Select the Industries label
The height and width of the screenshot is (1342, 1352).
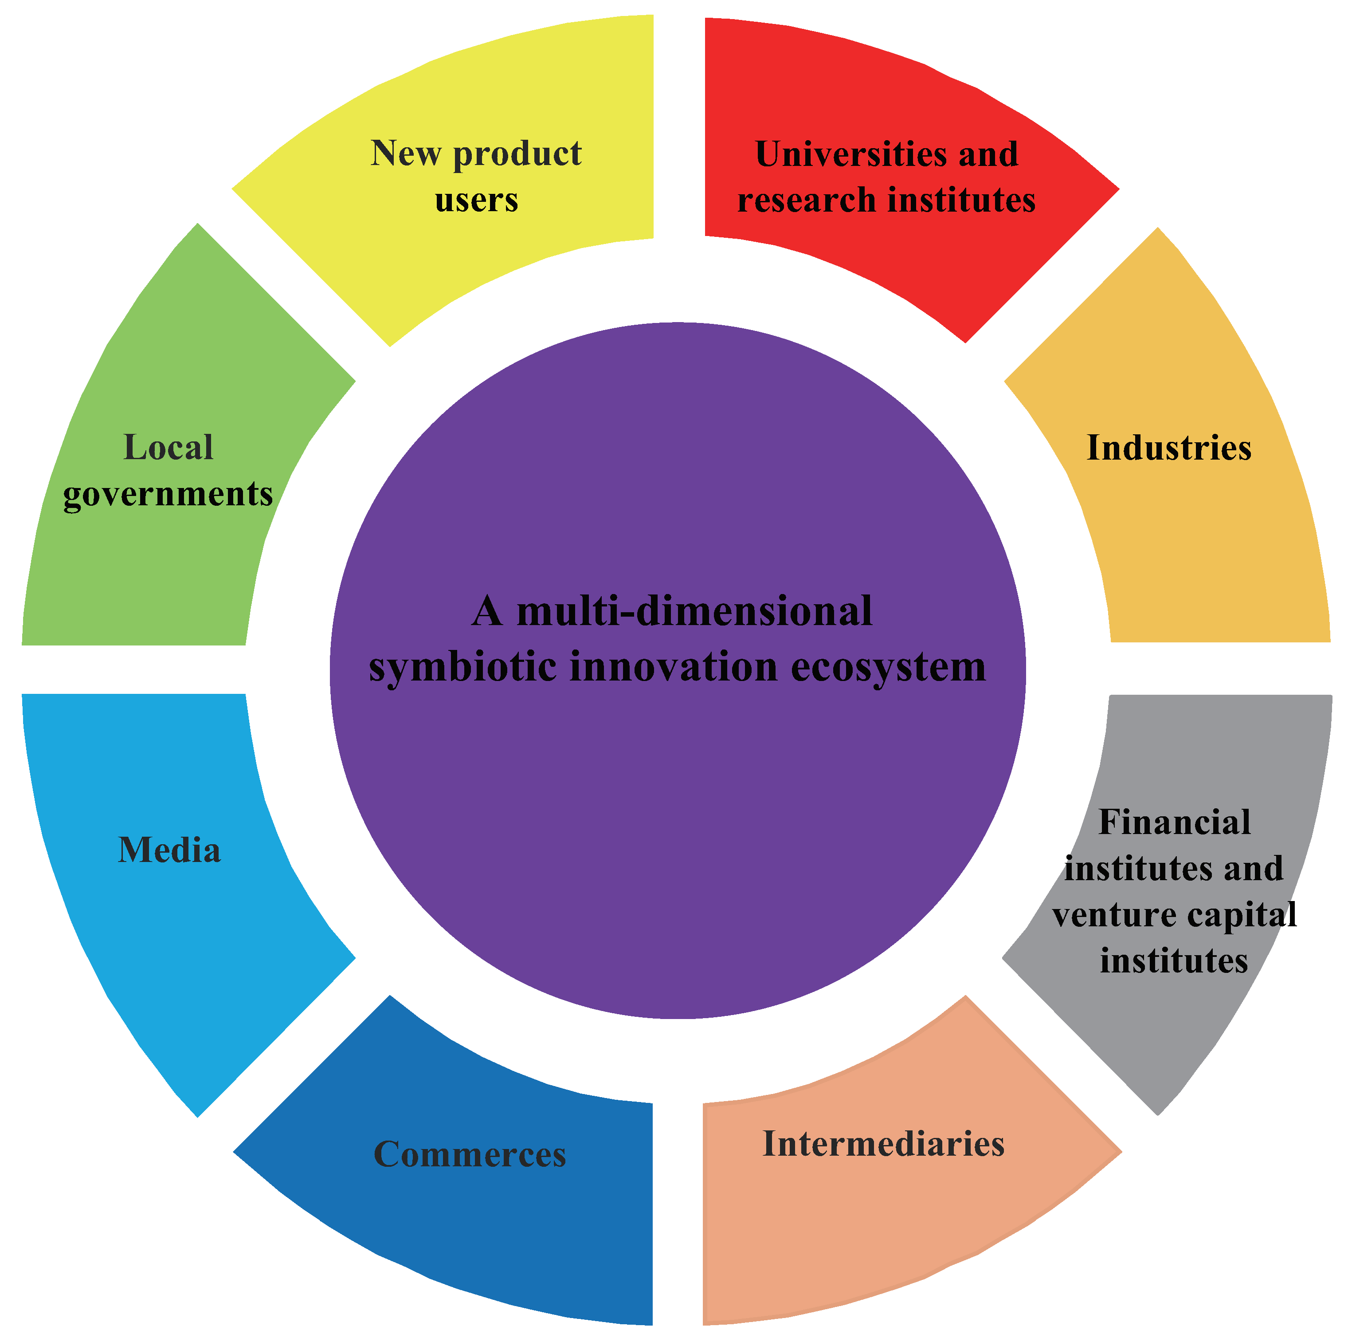tap(1169, 448)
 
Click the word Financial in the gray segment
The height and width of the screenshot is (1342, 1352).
tap(1174, 823)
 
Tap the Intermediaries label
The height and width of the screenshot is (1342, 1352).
tap(883, 1144)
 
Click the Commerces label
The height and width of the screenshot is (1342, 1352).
tap(470, 1154)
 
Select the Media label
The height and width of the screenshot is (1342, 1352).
tap(169, 850)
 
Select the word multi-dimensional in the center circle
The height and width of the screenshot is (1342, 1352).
tap(694, 611)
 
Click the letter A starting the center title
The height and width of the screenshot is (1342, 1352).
tap(488, 611)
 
